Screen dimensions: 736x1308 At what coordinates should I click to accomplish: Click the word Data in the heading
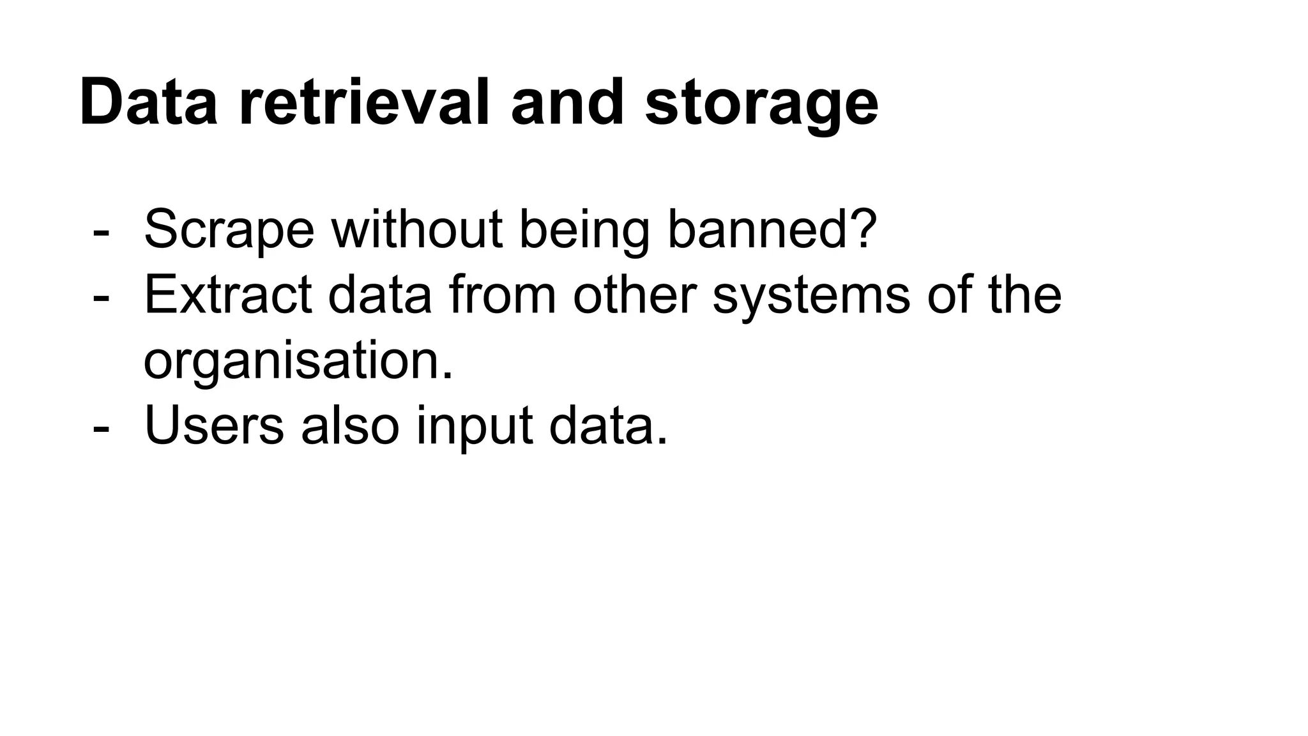pos(148,102)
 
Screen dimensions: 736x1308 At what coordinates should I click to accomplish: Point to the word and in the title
pos(567,102)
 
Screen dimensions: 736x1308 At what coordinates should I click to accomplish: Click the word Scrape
pos(229,230)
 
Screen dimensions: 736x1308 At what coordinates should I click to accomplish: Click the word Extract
pos(228,295)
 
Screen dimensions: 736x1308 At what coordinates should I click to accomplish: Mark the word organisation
pos(298,362)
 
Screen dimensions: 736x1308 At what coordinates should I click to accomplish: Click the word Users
pos(214,425)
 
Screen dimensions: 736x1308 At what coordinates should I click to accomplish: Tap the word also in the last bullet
pos(350,425)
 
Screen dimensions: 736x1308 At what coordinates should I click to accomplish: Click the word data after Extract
pos(380,295)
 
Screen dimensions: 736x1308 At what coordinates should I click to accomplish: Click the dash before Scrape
pos(100,233)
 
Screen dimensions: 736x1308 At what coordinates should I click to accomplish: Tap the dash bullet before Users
pos(100,429)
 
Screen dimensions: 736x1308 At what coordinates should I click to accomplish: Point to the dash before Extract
pos(100,298)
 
